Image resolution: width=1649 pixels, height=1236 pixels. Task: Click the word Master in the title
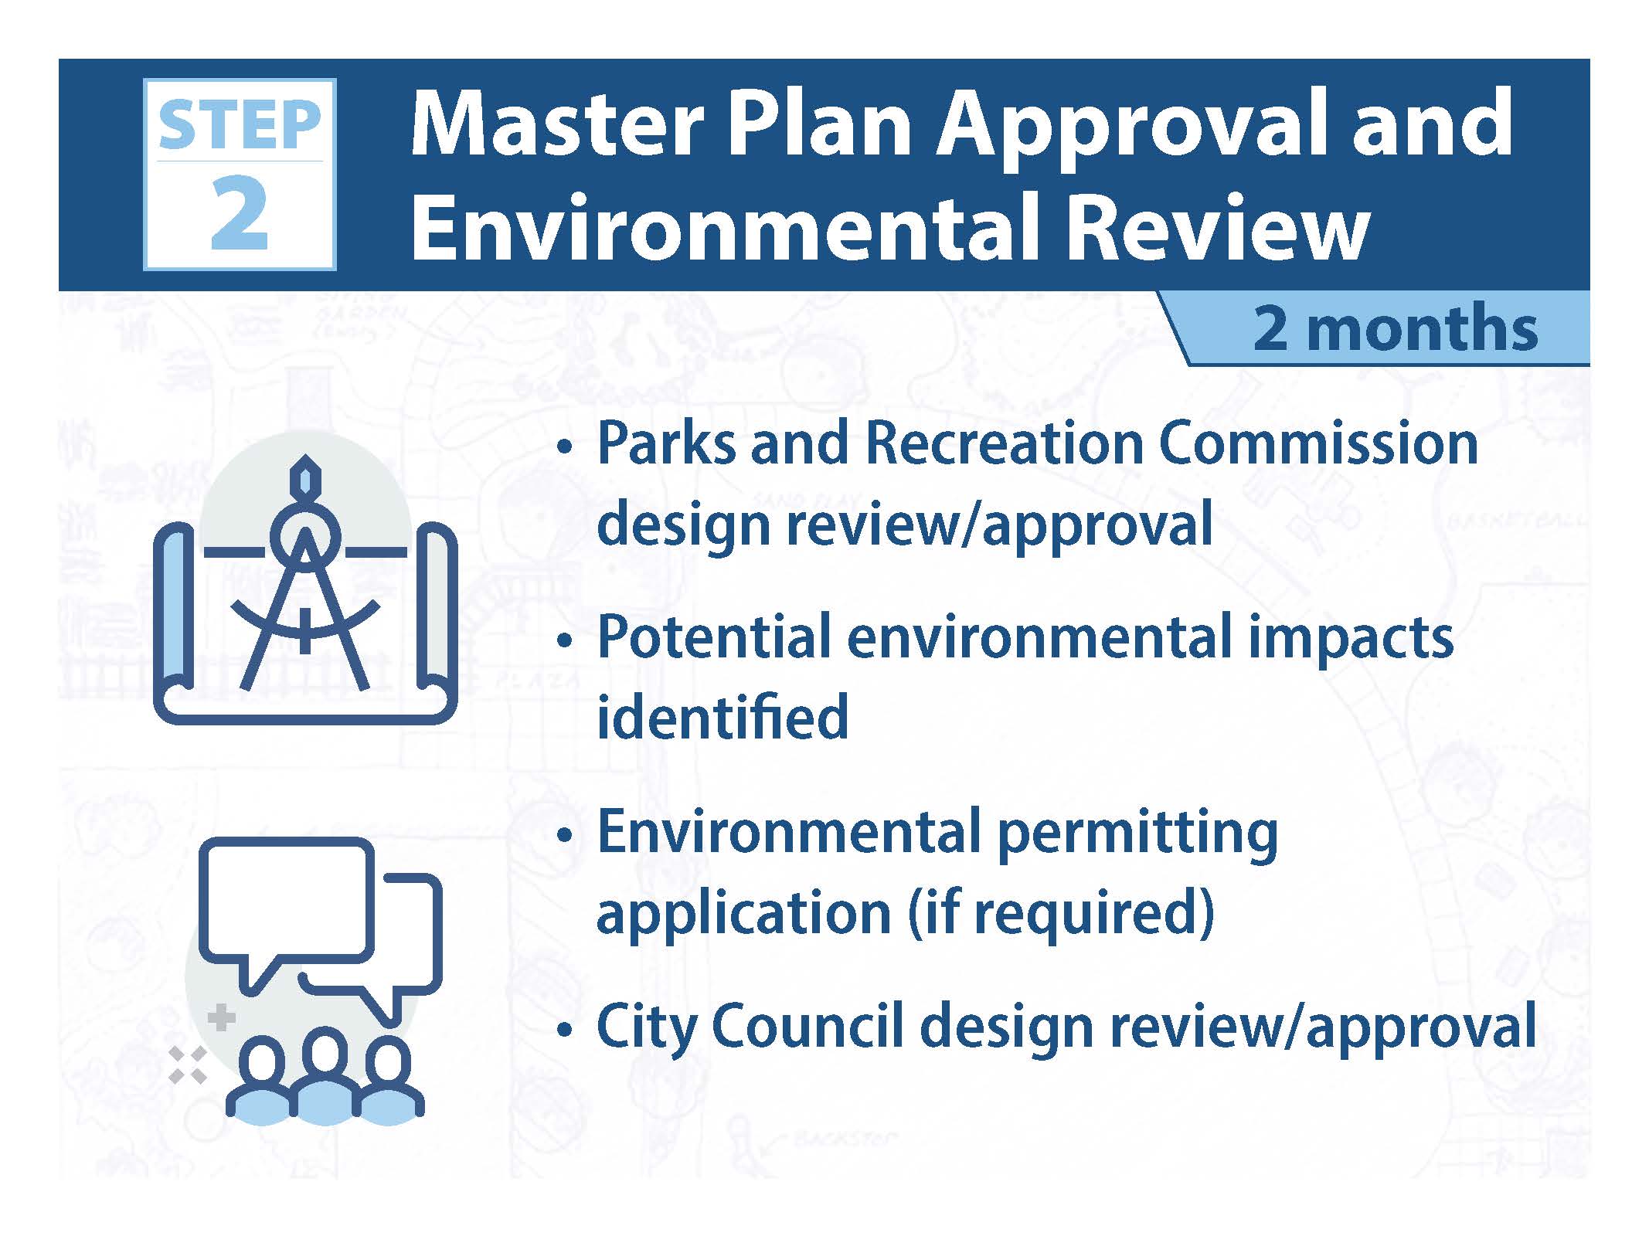coord(557,124)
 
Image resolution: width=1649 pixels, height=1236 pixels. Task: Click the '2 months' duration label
coord(1396,328)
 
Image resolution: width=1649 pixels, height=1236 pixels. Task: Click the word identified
coord(722,716)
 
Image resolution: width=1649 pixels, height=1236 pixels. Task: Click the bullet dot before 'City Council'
coord(566,1030)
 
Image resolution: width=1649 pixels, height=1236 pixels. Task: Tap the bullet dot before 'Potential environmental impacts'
coord(566,641)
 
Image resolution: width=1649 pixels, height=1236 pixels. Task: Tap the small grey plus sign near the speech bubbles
coord(222,1017)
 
